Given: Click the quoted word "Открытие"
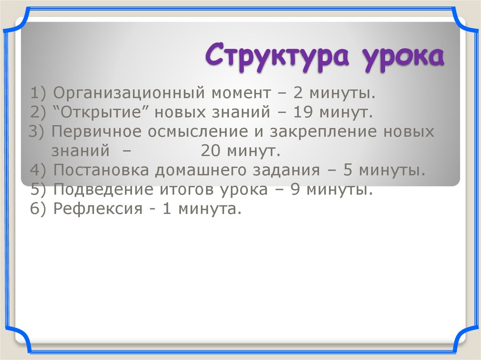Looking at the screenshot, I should (101, 113).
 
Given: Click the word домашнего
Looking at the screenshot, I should (200, 169).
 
